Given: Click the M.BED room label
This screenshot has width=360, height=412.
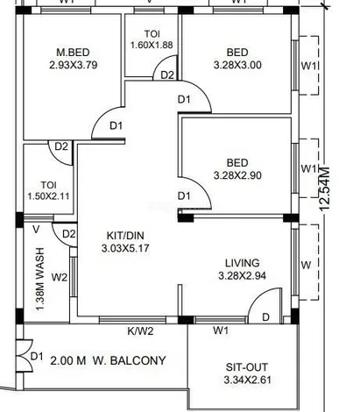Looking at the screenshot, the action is click(73, 53).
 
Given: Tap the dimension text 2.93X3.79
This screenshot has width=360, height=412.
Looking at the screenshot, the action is click(74, 65).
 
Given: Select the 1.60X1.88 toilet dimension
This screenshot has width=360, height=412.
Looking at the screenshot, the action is click(152, 45).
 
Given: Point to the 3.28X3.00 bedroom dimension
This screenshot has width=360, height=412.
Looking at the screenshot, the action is click(237, 65).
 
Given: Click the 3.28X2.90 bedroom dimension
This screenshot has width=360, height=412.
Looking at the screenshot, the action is click(237, 175).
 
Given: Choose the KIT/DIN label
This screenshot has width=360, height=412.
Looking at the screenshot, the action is click(125, 236).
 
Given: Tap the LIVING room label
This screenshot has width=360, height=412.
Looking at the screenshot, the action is click(243, 263).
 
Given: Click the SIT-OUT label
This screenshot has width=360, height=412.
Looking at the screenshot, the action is click(247, 367).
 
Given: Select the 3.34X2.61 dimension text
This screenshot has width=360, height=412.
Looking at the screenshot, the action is click(247, 380).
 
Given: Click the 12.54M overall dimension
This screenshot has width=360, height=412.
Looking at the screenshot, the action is click(324, 188).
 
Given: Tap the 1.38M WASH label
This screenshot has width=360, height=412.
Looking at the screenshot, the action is click(39, 279).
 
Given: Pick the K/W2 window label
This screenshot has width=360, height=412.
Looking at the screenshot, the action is click(140, 331).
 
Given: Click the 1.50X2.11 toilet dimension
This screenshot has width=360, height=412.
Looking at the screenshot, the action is click(48, 195).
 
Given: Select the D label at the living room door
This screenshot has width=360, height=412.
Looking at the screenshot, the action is click(265, 317).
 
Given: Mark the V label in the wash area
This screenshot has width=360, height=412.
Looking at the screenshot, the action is click(36, 230).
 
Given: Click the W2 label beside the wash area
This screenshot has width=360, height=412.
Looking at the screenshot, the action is click(60, 277).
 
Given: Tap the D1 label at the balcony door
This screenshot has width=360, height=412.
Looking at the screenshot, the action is click(37, 356).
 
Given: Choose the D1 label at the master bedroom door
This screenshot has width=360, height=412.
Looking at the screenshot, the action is click(116, 126).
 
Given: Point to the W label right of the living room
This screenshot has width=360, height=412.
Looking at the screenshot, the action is click(306, 266).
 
